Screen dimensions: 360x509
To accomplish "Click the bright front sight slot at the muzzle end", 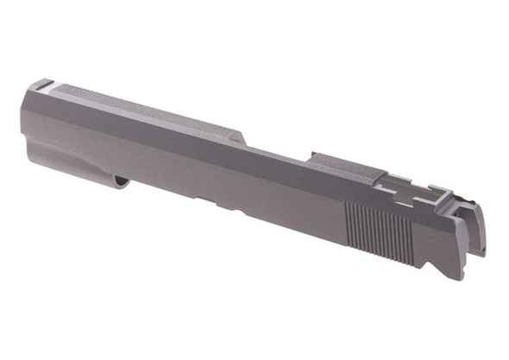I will click(41, 85).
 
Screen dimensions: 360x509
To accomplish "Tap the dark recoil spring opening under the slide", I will click(122, 180).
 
